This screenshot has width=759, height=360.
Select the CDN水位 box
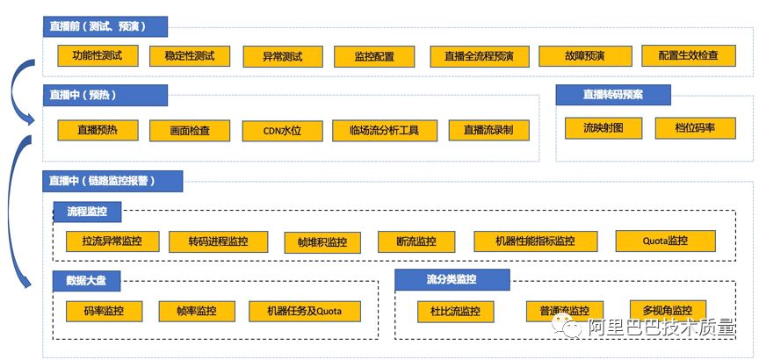(x=282, y=130)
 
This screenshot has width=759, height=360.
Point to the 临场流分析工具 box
(x=384, y=130)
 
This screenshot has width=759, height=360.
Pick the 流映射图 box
(x=603, y=128)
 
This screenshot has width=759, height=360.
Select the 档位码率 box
(x=694, y=128)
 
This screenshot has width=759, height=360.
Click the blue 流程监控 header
(x=87, y=212)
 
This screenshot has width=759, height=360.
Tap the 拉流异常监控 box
(x=112, y=241)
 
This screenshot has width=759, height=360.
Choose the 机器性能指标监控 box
(x=535, y=241)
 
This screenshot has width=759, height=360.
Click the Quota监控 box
(x=665, y=241)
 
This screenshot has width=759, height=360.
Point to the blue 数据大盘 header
(x=87, y=282)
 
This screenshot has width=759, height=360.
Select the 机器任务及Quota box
(x=304, y=311)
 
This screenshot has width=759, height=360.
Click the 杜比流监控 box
(x=455, y=311)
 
